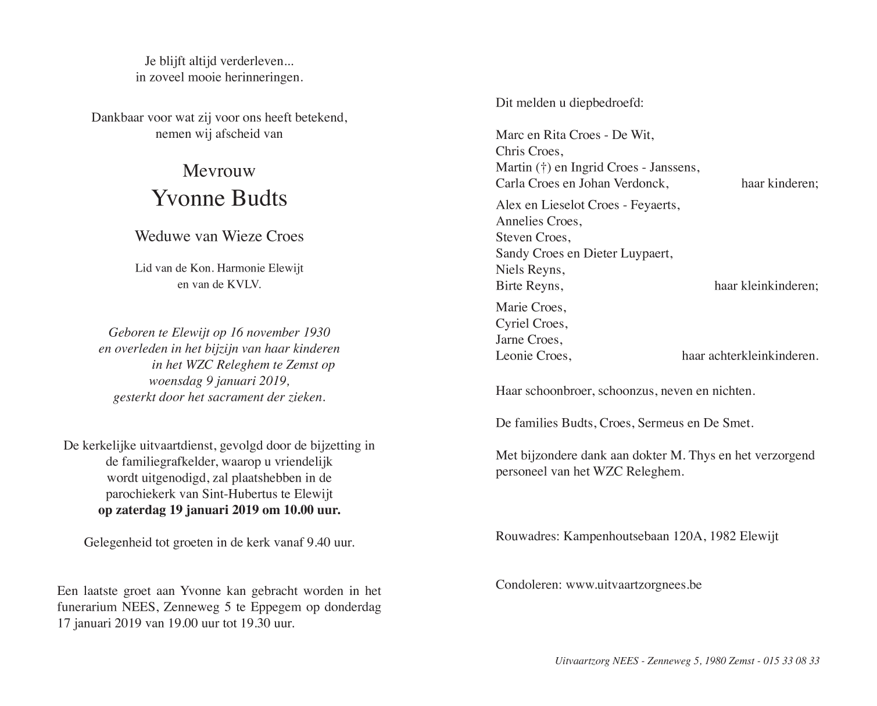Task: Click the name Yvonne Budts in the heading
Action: tap(219, 199)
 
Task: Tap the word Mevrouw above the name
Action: tap(219, 171)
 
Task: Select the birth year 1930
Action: tap(317, 333)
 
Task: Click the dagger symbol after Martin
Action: tap(540, 167)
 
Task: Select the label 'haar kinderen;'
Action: tap(779, 184)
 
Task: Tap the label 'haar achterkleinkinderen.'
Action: tap(750, 356)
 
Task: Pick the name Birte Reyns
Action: tap(529, 286)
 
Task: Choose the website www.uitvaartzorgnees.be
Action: tap(633, 584)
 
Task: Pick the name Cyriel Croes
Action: tap(531, 323)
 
